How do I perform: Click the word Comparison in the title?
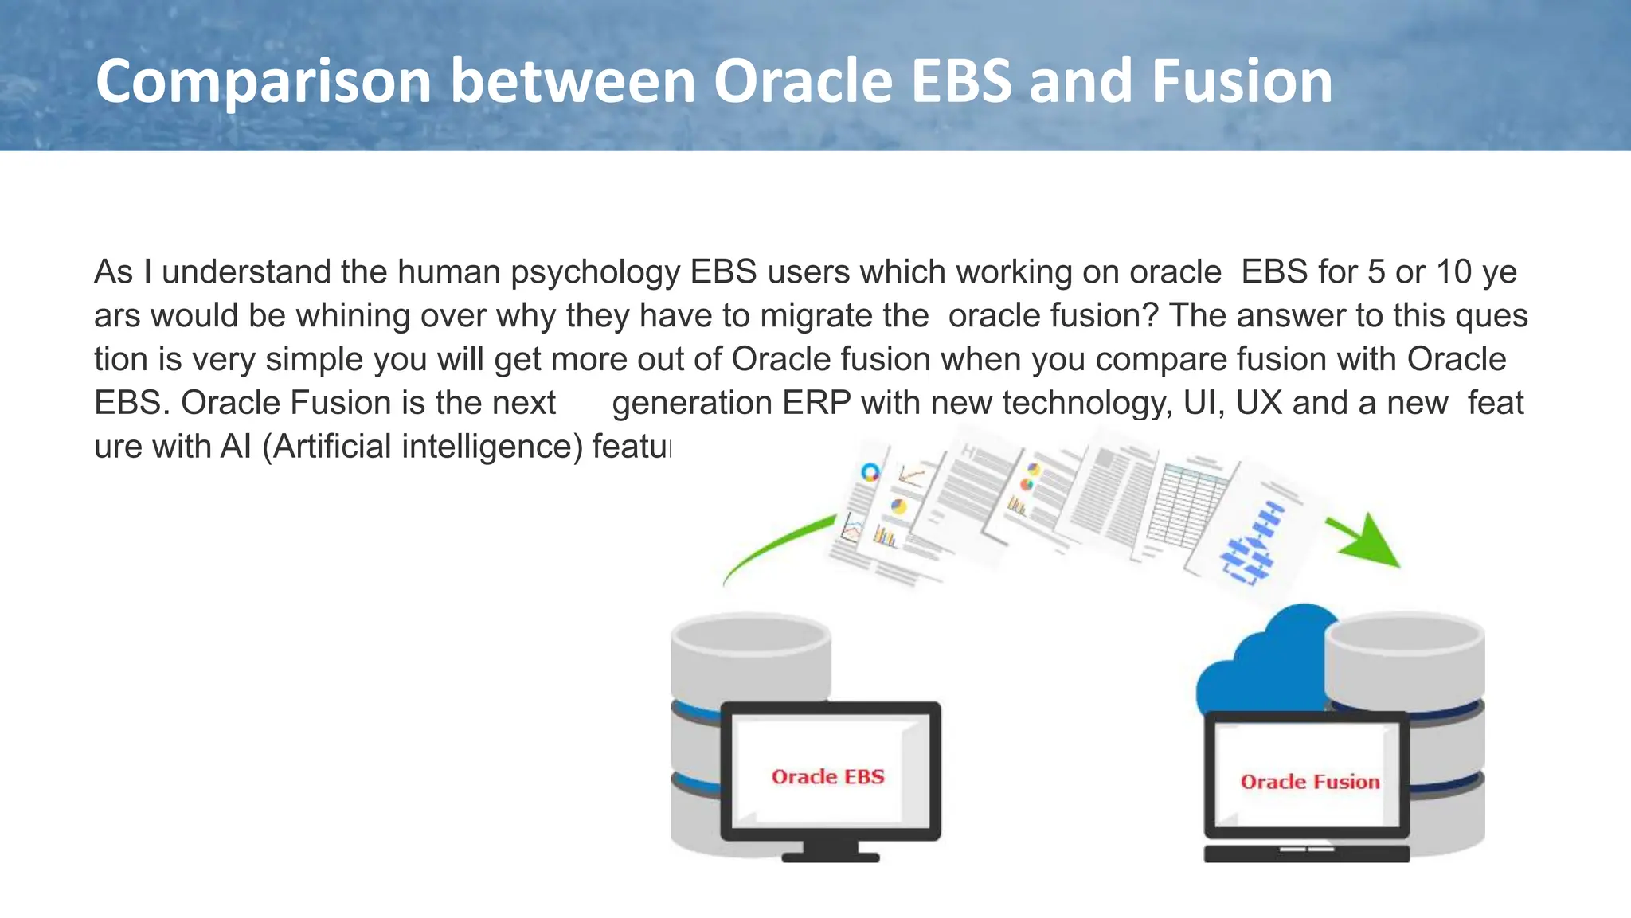click(x=263, y=82)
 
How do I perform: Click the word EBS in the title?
click(x=961, y=82)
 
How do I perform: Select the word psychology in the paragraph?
click(x=595, y=272)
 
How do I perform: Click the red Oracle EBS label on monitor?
click(x=828, y=777)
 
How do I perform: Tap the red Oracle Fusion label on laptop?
click(x=1310, y=782)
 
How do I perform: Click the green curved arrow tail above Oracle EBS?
click(x=765, y=549)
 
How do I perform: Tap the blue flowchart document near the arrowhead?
click(x=1254, y=541)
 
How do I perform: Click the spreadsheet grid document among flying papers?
click(x=1187, y=506)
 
